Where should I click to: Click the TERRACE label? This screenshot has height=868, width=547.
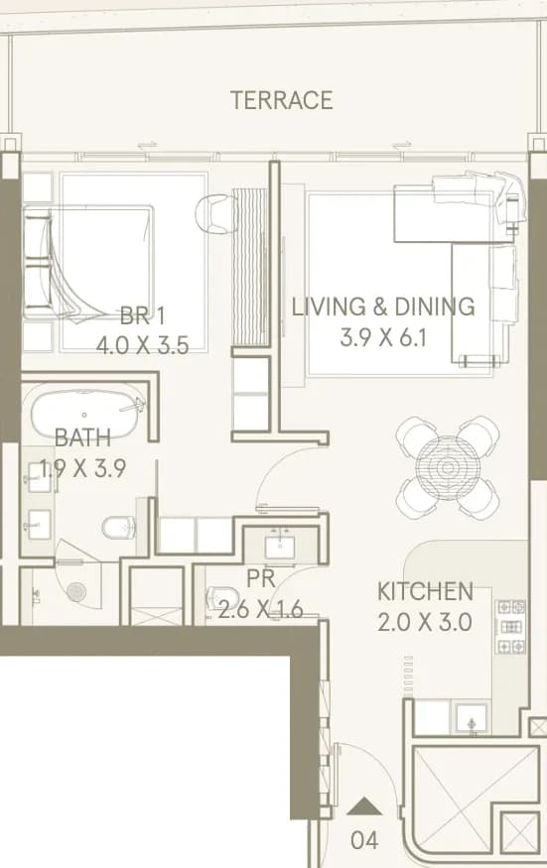(282, 100)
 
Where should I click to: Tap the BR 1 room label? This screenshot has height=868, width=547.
(142, 316)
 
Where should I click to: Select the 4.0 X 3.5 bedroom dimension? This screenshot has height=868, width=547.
(142, 345)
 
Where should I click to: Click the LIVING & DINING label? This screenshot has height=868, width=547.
(383, 307)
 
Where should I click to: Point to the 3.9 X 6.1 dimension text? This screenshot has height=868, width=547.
(383, 337)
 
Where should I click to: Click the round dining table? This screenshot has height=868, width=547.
(447, 468)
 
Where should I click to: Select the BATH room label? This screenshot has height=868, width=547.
(82, 437)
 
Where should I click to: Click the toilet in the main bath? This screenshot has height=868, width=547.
(118, 528)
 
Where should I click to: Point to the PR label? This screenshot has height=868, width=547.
(261, 579)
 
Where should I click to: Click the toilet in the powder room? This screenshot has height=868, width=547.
(222, 599)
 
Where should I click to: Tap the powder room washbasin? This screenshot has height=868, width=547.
(282, 547)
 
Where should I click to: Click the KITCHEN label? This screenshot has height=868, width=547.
(425, 591)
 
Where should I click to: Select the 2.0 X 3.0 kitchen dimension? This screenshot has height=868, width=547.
(425, 622)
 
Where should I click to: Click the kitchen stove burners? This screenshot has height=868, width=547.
(510, 627)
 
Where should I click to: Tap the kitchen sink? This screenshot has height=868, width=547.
(472, 718)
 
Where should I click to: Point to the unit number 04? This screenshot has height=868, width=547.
(364, 840)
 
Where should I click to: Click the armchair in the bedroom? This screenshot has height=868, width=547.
(213, 214)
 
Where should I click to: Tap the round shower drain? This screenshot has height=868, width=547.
(76, 591)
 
